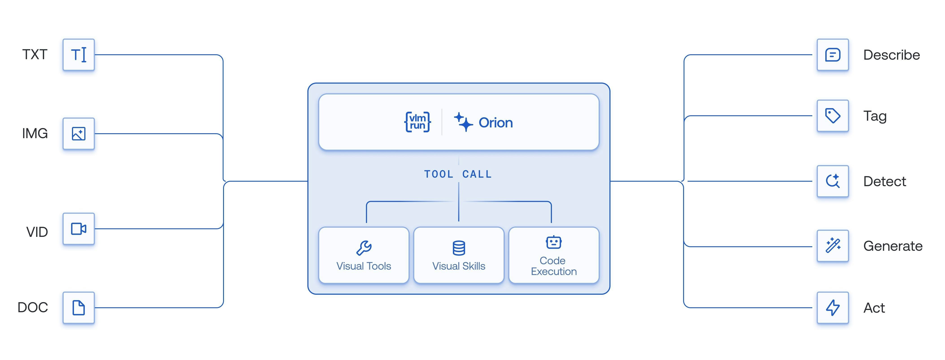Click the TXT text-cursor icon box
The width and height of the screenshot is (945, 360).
[x=78, y=55]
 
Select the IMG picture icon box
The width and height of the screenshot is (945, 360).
[x=78, y=134]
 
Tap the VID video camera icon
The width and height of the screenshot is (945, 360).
[x=78, y=229]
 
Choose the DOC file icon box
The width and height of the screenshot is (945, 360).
[x=78, y=308]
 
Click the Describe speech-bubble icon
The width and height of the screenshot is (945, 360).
[x=832, y=55]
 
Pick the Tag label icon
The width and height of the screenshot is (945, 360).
[x=832, y=116]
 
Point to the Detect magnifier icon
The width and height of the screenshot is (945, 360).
[x=832, y=181]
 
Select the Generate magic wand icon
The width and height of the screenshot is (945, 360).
[x=832, y=246]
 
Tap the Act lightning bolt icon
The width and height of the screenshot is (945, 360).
[x=832, y=308]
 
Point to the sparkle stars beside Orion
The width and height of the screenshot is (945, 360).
[x=463, y=122]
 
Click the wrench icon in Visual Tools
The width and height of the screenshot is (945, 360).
[x=364, y=248]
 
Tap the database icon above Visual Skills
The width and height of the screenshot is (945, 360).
[x=458, y=248]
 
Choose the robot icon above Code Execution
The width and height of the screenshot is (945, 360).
[x=554, y=242]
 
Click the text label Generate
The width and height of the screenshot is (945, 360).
[x=893, y=246]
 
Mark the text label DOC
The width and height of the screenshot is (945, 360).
[x=33, y=308]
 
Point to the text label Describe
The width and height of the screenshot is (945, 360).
[x=891, y=55]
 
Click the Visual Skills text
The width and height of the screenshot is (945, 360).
[x=458, y=266]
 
